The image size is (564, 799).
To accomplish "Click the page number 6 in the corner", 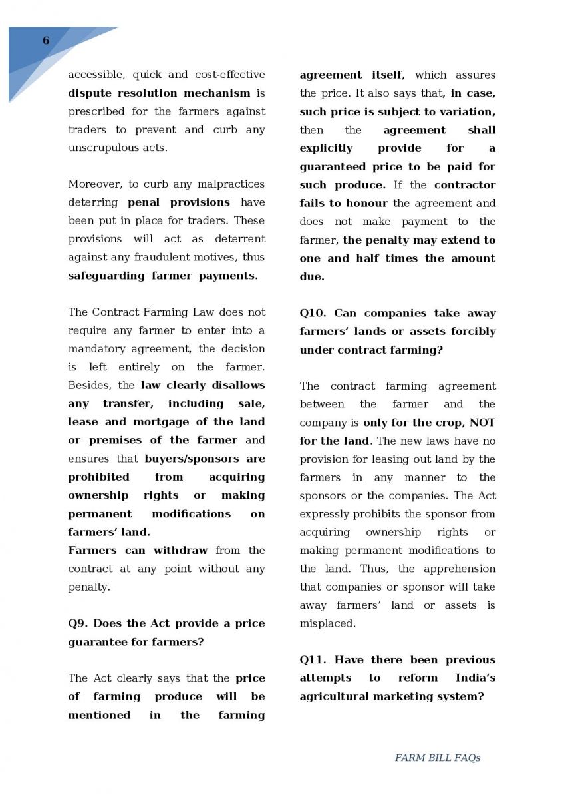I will (x=46, y=41).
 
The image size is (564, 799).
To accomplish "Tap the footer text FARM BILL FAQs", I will (x=437, y=758).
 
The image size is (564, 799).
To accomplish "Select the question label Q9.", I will (x=78, y=623).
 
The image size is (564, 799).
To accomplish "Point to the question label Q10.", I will (x=313, y=313).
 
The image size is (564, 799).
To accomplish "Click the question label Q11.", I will (x=313, y=660).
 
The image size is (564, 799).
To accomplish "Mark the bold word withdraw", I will (x=181, y=551).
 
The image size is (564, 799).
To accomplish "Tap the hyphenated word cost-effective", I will (x=229, y=75).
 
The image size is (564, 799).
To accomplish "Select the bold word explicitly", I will (x=326, y=148).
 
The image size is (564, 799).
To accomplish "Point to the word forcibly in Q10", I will (x=473, y=331).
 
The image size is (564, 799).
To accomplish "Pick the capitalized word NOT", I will (x=483, y=423).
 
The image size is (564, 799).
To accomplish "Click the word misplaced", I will (x=327, y=624).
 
